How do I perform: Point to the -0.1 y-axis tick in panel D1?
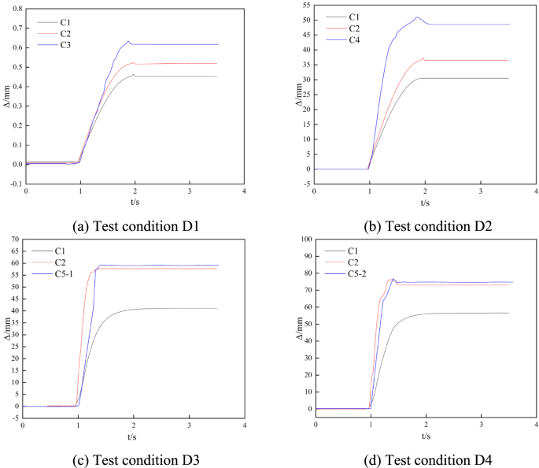click(x=15, y=184)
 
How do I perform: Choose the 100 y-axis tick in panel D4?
click(x=304, y=239)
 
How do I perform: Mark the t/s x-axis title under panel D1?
click(x=135, y=202)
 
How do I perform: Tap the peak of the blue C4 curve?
click(x=418, y=17)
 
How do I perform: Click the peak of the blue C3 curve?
click(x=128, y=41)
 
